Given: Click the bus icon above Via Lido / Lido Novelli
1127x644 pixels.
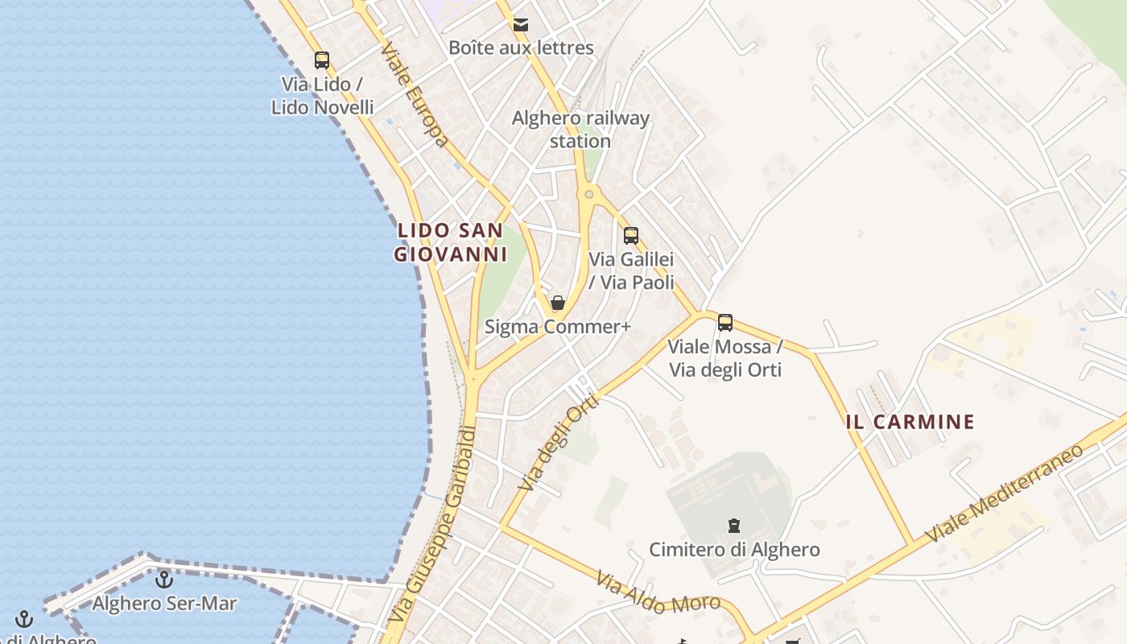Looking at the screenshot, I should (x=322, y=60).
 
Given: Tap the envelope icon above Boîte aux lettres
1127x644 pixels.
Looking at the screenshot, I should (x=521, y=25).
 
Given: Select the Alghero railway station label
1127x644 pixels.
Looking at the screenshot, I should (x=580, y=130).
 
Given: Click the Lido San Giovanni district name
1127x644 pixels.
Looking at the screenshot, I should (x=450, y=242).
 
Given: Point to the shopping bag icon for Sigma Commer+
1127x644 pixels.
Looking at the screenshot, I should (x=557, y=303).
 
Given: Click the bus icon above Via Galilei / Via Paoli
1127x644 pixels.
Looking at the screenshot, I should (x=631, y=236).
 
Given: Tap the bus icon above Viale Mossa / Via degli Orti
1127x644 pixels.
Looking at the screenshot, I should (x=725, y=323).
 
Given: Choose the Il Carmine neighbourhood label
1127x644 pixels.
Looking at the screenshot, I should (x=910, y=422).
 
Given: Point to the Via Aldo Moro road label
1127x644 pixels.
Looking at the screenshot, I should (x=658, y=592).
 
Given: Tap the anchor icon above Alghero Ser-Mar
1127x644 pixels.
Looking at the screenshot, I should (x=164, y=579).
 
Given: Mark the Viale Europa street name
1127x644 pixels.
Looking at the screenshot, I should (x=415, y=95).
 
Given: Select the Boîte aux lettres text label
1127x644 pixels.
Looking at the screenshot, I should (x=521, y=47).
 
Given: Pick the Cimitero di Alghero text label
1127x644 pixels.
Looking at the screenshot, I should (x=734, y=550).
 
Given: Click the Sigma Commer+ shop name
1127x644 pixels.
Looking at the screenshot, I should (x=557, y=327).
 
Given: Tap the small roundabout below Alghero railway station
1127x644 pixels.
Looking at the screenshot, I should (x=589, y=194).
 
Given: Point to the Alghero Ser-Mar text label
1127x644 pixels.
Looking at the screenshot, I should (x=164, y=603).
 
